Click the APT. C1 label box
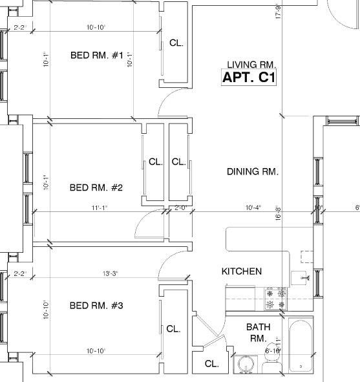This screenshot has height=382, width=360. click(x=250, y=78)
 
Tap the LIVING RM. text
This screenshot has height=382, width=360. click(x=251, y=65)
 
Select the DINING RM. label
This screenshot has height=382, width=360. click(x=252, y=172)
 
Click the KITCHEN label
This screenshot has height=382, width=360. click(x=242, y=271)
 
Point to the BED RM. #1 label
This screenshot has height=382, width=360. click(x=96, y=56)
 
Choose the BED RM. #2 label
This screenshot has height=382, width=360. click(x=96, y=188)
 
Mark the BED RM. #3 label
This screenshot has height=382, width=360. click(x=96, y=305)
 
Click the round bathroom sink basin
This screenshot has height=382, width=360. click(x=245, y=365)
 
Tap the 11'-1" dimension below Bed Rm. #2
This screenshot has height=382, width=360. click(x=99, y=207)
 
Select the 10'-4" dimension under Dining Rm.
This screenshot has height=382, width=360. click(x=253, y=207)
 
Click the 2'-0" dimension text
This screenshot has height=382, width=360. click(x=180, y=207)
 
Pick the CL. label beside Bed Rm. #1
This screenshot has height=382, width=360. click(x=176, y=43)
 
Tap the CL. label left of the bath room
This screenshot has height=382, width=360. click(x=211, y=364)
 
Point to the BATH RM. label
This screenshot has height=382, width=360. click(x=258, y=333)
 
